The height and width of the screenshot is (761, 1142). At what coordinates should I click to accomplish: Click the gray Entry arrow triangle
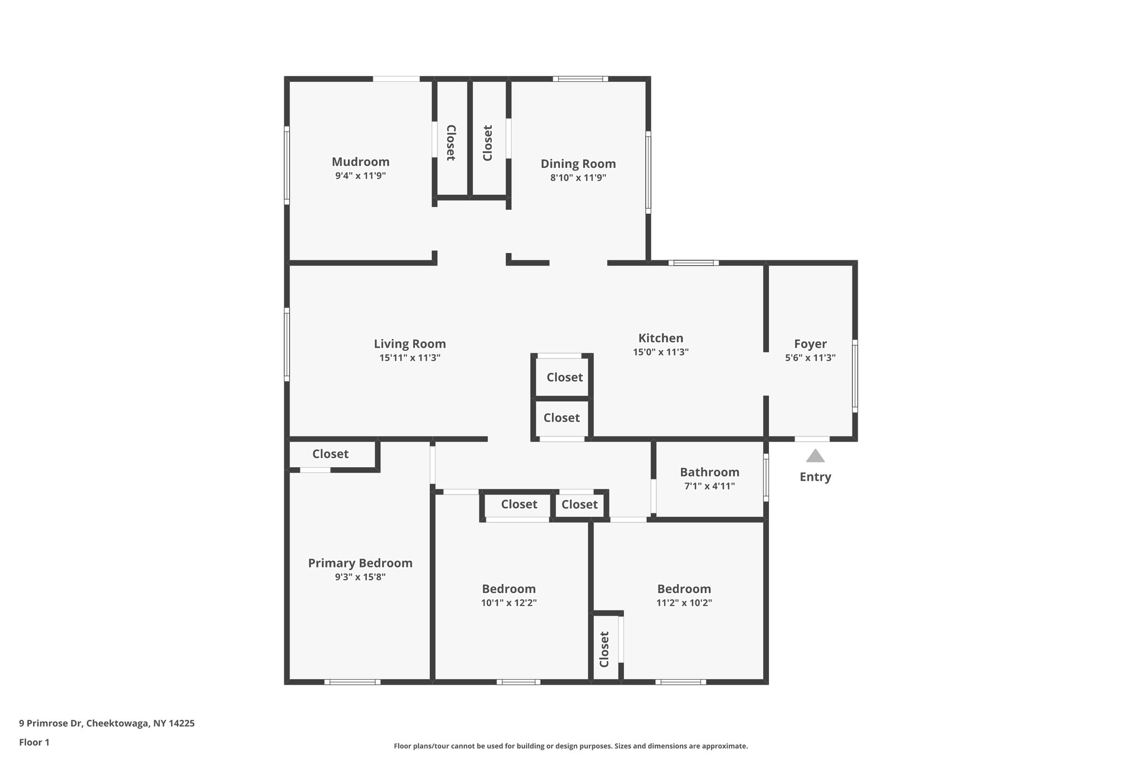click(815, 457)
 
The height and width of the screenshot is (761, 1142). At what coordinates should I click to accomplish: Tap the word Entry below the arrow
click(815, 477)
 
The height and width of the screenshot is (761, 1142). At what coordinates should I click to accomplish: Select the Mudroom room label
click(360, 162)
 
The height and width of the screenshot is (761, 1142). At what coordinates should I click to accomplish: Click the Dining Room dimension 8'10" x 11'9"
click(578, 178)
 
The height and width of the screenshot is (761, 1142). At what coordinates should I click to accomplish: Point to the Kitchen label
click(660, 338)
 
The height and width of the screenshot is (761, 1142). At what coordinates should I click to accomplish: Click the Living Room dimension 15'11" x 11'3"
click(410, 358)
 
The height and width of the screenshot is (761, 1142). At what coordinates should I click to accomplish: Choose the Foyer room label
click(810, 344)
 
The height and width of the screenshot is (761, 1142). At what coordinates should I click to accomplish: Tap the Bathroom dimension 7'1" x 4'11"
click(709, 486)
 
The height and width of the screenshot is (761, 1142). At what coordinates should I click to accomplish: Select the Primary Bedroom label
click(360, 563)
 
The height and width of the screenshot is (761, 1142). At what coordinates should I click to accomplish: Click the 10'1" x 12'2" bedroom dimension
click(509, 603)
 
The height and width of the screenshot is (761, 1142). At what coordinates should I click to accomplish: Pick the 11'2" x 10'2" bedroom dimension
click(684, 603)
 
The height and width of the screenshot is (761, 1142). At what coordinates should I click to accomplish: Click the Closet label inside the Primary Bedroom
click(330, 454)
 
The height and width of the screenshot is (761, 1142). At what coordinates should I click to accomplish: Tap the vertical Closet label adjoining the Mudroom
click(451, 143)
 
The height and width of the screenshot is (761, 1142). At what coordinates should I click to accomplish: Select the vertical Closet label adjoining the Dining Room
click(487, 143)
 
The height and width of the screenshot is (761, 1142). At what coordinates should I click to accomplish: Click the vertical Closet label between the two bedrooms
click(604, 649)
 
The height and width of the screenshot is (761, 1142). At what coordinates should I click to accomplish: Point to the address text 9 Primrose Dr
click(107, 723)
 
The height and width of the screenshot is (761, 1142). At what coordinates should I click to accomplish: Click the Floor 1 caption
click(34, 742)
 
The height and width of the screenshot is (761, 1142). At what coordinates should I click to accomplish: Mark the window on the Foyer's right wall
click(855, 376)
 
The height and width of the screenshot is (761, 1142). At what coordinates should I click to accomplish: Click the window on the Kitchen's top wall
click(693, 263)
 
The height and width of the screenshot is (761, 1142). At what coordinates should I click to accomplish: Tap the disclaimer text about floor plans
click(570, 746)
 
